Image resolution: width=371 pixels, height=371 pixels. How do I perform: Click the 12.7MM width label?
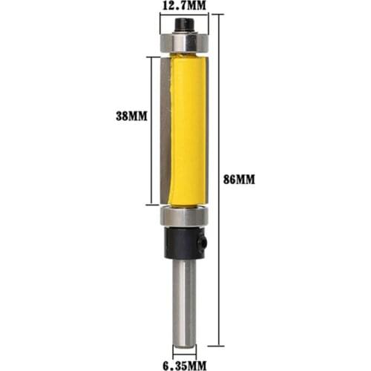(183, 7)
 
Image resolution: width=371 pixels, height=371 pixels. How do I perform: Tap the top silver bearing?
(183, 44)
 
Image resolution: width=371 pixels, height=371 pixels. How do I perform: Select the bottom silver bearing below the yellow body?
(183, 217)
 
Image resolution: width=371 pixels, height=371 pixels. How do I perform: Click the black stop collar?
(183, 242)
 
